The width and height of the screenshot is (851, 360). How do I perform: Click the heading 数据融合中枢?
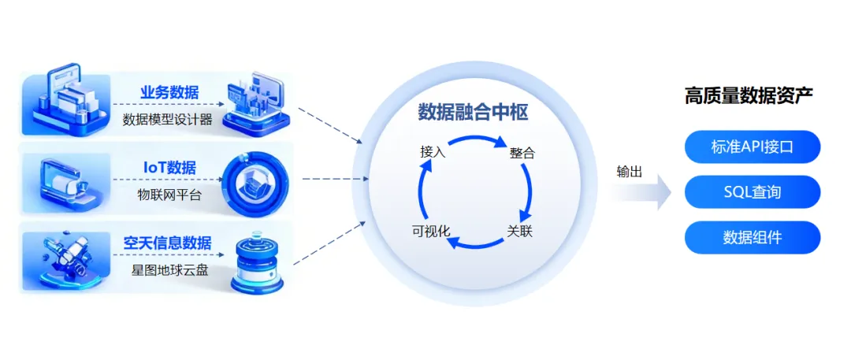[x=473, y=113]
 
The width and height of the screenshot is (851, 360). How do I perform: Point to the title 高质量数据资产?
[x=749, y=96]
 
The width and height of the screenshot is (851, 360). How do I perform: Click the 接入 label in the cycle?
[x=433, y=152]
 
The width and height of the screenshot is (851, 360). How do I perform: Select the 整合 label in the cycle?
[x=522, y=153]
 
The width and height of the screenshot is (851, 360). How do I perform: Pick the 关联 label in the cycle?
[x=520, y=232]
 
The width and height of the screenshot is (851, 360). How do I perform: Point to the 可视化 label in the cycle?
[x=430, y=232]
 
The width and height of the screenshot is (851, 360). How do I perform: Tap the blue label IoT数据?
[x=169, y=168]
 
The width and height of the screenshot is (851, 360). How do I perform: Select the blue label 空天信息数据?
[x=167, y=243]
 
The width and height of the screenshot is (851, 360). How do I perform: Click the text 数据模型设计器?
[x=167, y=120]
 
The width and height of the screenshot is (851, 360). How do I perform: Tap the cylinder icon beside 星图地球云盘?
[x=255, y=260]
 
